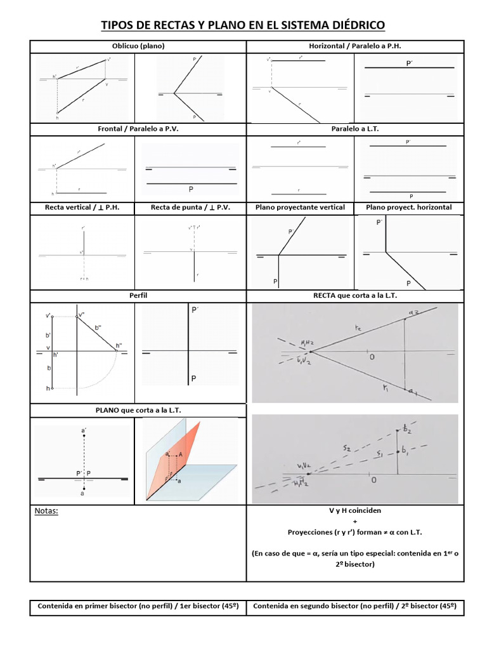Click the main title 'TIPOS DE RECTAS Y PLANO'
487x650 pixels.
coord(243,25)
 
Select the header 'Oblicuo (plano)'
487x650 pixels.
coord(138,46)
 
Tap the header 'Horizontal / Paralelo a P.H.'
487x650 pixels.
coord(355,46)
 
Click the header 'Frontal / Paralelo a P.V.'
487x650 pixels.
coord(138,128)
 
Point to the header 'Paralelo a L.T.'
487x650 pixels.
coord(355,128)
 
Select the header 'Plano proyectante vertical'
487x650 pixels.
coord(300,208)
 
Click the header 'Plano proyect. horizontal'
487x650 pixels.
coord(409,208)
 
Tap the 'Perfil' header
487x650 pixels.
coord(138,296)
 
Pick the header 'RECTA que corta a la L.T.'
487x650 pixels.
coord(355,296)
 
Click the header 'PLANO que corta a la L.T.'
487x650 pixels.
coord(138,411)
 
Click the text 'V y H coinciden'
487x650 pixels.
coord(355,510)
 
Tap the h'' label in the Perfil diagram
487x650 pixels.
coord(119,346)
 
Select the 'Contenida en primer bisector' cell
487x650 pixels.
coord(138,606)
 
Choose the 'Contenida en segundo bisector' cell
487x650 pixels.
coord(355,606)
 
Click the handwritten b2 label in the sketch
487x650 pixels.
coord(406,430)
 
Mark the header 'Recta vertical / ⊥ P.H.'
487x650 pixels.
coord(83,208)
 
